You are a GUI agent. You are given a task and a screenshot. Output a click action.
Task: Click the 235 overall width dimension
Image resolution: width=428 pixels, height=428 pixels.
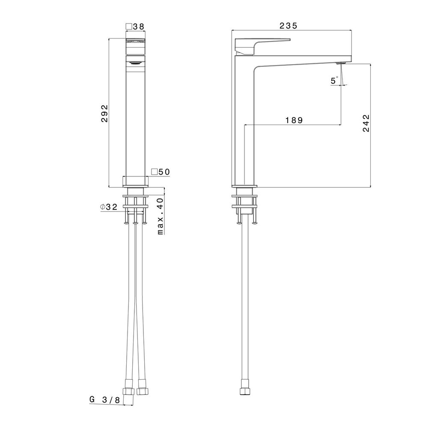[x=288, y=26]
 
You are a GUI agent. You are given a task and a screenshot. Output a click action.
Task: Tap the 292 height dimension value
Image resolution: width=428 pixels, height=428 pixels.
[x=104, y=113]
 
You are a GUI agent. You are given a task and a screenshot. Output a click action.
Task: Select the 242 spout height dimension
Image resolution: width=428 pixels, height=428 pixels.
[x=366, y=123]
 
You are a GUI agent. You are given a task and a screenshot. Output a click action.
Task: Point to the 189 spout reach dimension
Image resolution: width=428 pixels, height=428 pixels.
[x=294, y=120]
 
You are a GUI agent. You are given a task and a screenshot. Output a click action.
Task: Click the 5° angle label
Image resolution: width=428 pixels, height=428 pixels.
[x=334, y=80]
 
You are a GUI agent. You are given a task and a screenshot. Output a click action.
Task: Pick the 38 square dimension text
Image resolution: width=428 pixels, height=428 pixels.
[x=138, y=27]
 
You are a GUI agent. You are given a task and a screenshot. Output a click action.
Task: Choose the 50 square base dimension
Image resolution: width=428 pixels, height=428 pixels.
[x=164, y=172]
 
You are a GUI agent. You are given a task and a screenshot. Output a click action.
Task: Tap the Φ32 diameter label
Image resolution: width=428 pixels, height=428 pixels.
[x=109, y=207]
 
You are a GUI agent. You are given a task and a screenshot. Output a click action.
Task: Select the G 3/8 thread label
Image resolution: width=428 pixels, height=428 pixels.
[x=104, y=400]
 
